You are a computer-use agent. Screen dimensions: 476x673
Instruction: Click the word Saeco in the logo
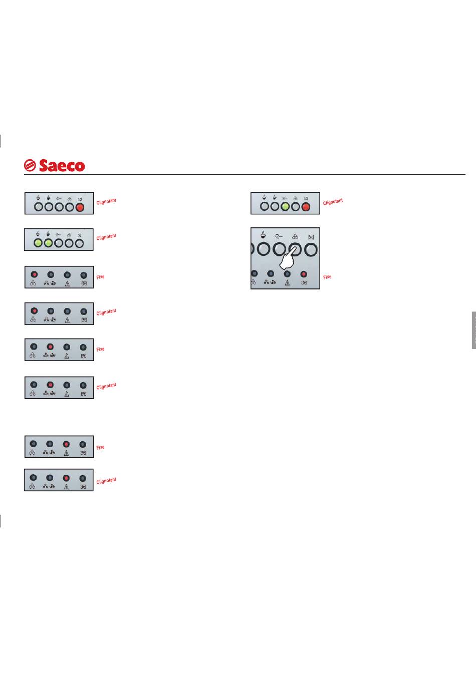pos(62,166)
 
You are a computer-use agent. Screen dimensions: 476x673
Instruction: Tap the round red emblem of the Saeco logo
pos(30,165)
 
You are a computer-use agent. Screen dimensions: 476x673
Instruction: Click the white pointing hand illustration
pos(288,259)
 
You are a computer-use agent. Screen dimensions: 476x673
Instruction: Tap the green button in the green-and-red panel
pos(285,206)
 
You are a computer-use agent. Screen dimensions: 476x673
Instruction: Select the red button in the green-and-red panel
pos(306,207)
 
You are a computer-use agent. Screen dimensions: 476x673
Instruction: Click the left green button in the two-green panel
pos(38,243)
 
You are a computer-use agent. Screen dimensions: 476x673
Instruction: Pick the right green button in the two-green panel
pos(49,243)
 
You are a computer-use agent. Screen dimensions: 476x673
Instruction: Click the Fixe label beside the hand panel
pos(327,277)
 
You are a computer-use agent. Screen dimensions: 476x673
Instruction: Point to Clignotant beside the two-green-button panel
pos(106,237)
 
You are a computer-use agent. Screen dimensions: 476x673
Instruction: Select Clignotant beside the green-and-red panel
pos(333,202)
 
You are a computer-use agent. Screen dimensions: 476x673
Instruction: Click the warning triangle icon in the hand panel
pos(287,282)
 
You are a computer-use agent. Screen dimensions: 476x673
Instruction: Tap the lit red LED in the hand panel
pos(304,274)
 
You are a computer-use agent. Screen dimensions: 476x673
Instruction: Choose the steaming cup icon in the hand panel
pos(263,235)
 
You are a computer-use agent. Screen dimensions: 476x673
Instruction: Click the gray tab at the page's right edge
pos(474,330)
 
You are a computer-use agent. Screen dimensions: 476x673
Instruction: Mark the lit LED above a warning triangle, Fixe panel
pos(67,444)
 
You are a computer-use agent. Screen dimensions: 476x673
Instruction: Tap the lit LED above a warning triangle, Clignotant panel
pos(67,478)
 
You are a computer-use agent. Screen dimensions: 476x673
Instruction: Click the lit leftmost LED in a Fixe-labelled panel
pos(34,274)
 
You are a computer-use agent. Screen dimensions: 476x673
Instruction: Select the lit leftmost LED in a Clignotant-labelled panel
pos(34,311)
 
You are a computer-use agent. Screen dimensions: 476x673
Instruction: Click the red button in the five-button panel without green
pos(80,207)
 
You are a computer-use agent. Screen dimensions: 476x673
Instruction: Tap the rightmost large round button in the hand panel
pos(311,250)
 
